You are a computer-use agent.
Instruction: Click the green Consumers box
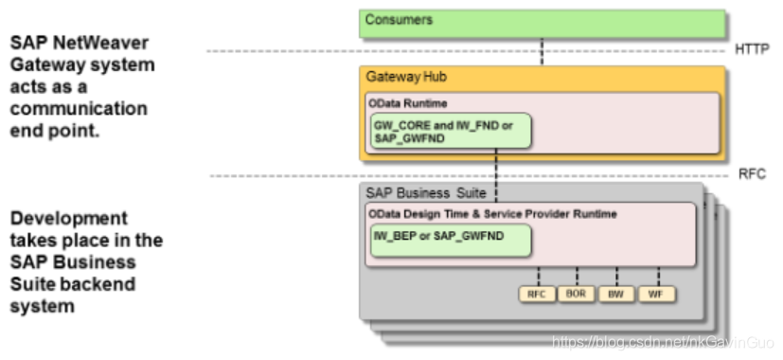pyautogui.click(x=543, y=23)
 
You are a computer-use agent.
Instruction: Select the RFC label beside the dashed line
pyautogui.click(x=751, y=175)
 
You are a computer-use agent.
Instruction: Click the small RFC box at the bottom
pyautogui.click(x=536, y=294)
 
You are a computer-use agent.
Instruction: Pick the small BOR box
pyautogui.click(x=577, y=294)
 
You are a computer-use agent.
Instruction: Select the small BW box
pyautogui.click(x=616, y=294)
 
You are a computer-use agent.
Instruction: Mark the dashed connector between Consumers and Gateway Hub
pyautogui.click(x=543, y=52)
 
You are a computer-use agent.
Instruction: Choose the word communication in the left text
pyautogui.click(x=79, y=109)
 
